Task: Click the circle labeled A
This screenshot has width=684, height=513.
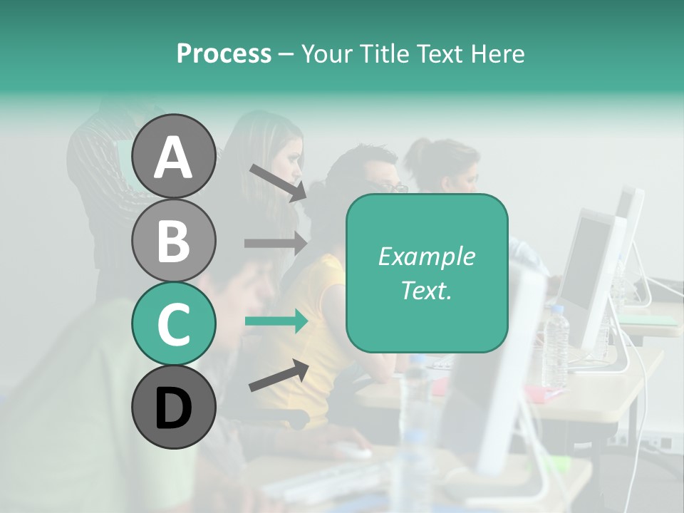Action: pyautogui.click(x=173, y=156)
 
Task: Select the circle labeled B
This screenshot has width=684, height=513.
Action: pyautogui.click(x=173, y=240)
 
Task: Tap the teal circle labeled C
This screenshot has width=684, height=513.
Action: pyautogui.click(x=173, y=323)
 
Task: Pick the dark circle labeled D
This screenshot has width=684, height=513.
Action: pyautogui.click(x=173, y=407)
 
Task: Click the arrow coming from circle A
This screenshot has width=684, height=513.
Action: pyautogui.click(x=278, y=182)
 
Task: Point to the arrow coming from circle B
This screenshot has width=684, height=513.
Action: pyautogui.click(x=275, y=243)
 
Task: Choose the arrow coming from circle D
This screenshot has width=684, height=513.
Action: pyautogui.click(x=279, y=375)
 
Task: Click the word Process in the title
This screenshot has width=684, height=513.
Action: pyautogui.click(x=224, y=53)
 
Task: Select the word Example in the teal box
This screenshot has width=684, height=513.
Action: pyautogui.click(x=426, y=256)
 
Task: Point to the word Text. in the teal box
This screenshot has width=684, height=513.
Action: pyautogui.click(x=426, y=290)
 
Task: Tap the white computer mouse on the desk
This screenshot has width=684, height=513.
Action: pyautogui.click(x=353, y=450)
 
